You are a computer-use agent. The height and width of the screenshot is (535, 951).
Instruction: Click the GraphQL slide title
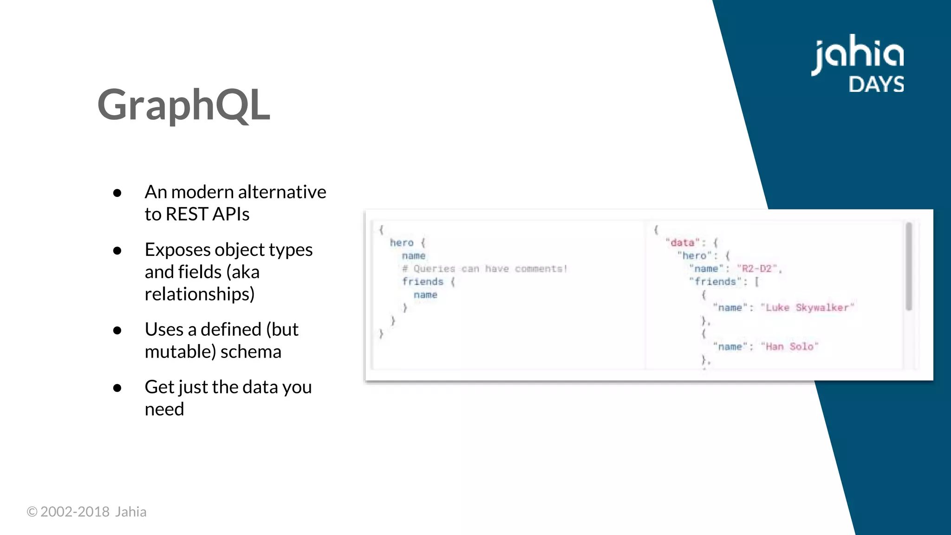(x=183, y=105)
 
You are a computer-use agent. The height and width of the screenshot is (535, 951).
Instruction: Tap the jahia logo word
(x=857, y=54)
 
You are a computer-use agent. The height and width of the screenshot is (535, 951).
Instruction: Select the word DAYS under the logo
(x=876, y=85)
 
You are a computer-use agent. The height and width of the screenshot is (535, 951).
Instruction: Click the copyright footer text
(x=86, y=512)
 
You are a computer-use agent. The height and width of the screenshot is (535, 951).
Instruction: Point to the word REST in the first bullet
(x=186, y=214)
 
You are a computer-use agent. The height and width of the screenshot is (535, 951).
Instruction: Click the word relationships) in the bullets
(x=200, y=294)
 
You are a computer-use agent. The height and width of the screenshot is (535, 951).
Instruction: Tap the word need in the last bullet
(x=164, y=409)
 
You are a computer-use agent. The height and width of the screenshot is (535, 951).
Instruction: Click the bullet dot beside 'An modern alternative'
(x=117, y=193)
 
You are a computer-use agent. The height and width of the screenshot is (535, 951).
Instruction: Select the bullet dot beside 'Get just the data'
(x=117, y=388)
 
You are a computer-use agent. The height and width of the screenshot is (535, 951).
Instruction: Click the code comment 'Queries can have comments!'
(x=490, y=269)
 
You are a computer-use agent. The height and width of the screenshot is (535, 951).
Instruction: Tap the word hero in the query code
(x=402, y=243)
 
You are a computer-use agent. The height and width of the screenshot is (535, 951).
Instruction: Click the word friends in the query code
(x=423, y=282)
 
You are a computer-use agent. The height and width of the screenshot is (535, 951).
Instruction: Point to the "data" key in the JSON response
(x=682, y=243)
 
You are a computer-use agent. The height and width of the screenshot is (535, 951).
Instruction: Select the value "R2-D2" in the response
(x=757, y=269)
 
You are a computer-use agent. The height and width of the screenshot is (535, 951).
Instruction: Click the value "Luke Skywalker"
(x=808, y=307)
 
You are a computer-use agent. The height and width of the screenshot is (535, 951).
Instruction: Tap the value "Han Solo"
(x=789, y=346)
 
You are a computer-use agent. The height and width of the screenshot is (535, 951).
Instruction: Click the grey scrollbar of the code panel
(x=909, y=266)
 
